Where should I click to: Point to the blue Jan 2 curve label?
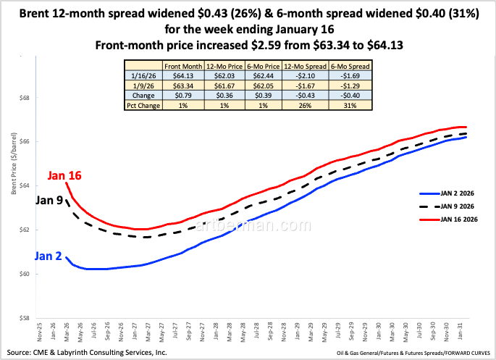(x=49, y=256)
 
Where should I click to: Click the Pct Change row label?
(x=143, y=105)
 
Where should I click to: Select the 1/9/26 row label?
(x=143, y=86)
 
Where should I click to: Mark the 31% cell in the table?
(x=350, y=105)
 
